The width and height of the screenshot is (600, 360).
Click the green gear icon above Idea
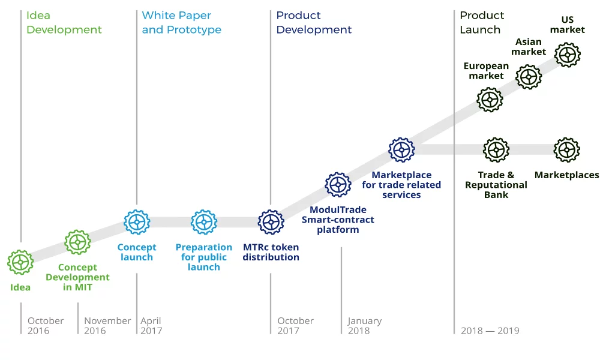20,262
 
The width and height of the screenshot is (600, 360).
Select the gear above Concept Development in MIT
77,242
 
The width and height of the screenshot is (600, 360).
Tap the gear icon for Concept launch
137,222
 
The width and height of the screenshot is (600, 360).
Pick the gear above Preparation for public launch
204,222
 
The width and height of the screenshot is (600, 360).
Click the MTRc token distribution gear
271,222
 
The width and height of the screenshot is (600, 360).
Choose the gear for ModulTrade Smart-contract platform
338,185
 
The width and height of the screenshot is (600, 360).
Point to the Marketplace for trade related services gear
401,150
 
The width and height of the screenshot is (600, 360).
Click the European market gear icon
490,100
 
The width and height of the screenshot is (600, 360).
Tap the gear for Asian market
529,77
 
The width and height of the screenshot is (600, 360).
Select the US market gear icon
568,55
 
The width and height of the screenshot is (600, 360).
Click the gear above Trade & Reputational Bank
496,150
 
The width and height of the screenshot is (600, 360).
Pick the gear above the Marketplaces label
567,150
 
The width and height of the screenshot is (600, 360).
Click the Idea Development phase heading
64,23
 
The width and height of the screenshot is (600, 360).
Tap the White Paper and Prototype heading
181,23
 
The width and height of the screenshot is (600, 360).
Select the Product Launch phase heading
482,23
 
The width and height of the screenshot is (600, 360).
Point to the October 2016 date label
46,326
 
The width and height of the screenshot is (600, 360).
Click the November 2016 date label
107,326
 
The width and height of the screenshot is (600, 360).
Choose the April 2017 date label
151,326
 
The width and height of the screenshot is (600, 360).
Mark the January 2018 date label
365,326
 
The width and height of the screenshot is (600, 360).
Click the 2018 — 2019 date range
490,331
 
